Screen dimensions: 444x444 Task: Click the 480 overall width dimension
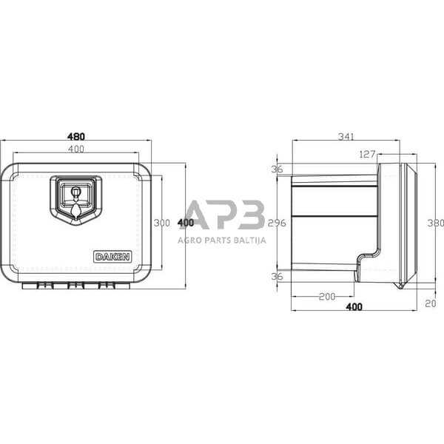pos(76,136)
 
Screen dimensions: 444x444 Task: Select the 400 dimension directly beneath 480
pos(76,149)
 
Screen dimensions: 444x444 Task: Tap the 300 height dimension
pos(163,223)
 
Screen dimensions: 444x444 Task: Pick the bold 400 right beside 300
pos(186,223)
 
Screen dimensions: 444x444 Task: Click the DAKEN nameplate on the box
pos(112,257)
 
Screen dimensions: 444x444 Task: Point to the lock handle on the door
pos(75,197)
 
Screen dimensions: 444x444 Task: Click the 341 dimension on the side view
pos(346,136)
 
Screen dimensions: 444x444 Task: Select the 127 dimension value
pos(367,155)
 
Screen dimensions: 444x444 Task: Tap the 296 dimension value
pos(277,223)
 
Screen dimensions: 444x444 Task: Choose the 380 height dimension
pos(435,223)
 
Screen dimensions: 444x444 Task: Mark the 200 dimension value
pos(326,296)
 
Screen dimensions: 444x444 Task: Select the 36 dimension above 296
pos(277,169)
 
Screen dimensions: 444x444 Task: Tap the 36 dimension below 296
pos(277,276)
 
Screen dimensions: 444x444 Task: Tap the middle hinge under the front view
pos(75,285)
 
